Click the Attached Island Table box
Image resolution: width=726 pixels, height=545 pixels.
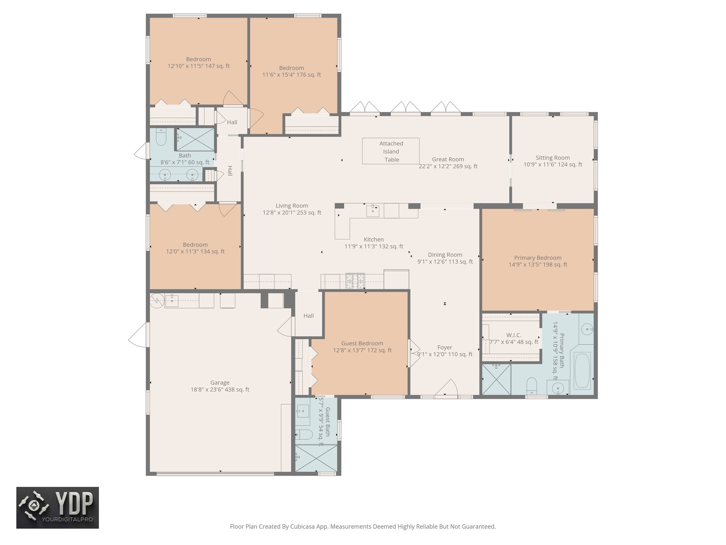(391, 151)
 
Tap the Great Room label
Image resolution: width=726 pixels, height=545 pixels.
(448, 159)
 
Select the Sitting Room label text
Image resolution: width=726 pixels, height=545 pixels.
(552, 158)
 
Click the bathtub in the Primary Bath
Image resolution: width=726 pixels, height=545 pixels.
(582, 371)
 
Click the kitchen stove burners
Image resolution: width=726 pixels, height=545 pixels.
(355, 281)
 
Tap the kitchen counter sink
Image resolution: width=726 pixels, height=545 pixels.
(373, 210)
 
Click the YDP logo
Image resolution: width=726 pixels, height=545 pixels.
(57, 507)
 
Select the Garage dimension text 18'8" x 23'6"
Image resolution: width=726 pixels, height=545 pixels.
(220, 390)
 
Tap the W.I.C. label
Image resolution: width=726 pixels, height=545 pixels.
(514, 335)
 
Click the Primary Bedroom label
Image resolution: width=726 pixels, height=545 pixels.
(537, 258)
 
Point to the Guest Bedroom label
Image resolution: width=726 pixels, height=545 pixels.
(362, 343)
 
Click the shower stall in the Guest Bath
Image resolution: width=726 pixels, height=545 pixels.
(316, 458)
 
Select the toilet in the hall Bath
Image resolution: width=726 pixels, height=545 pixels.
(161, 137)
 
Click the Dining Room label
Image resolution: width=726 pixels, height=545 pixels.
(445, 254)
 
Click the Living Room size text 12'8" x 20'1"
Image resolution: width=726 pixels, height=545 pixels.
(291, 213)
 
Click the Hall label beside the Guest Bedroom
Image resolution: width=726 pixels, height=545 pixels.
(308, 315)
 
